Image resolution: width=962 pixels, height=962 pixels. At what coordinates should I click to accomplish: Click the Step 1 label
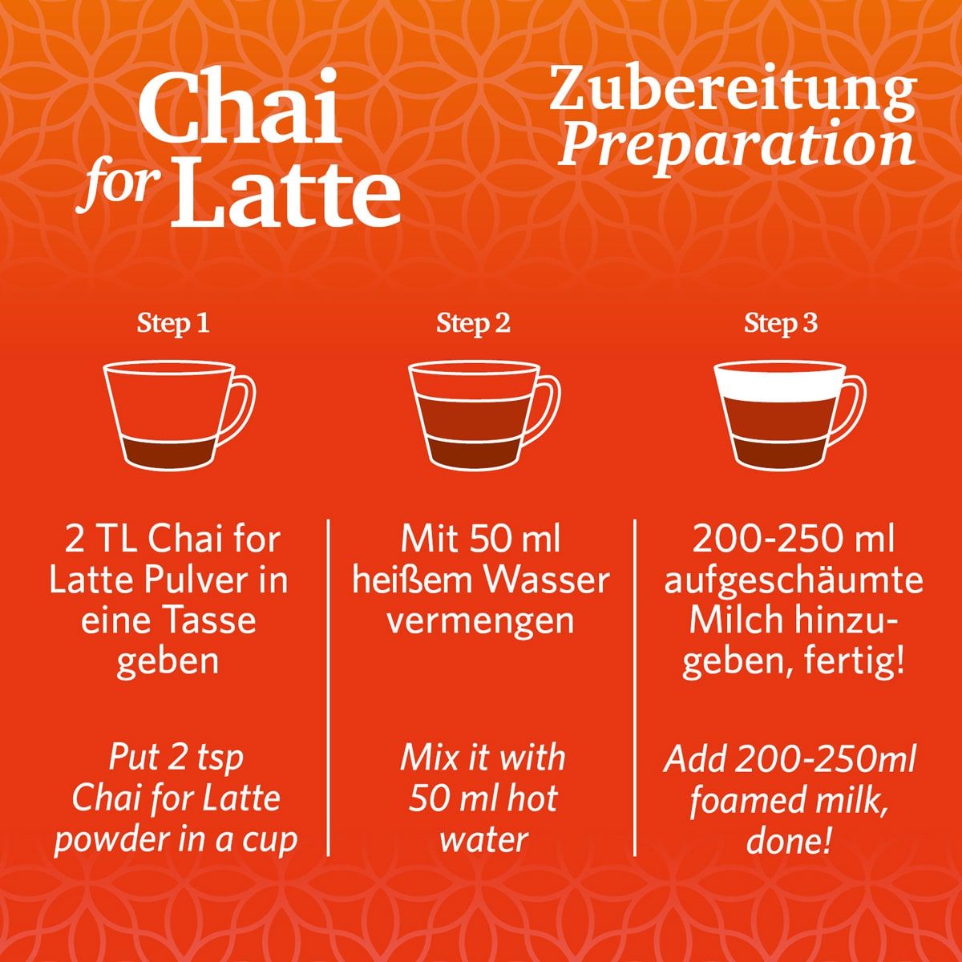(173, 324)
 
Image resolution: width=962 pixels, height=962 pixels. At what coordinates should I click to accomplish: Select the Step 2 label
(473, 324)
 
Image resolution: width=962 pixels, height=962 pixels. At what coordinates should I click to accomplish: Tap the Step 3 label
(781, 324)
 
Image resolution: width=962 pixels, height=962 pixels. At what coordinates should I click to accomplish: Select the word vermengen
(480, 621)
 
